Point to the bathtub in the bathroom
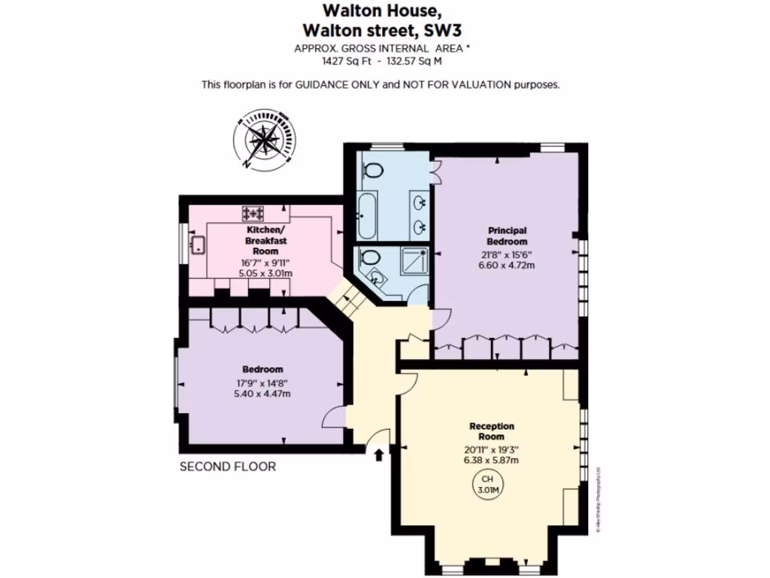[x=368, y=215]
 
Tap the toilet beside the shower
[x=369, y=257]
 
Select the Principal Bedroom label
[x=507, y=236]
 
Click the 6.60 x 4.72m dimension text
[x=507, y=265]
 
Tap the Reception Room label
[x=492, y=431]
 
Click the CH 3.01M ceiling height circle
[x=488, y=484]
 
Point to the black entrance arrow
[x=378, y=454]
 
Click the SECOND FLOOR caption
[x=227, y=467]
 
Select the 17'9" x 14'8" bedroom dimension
[x=262, y=382]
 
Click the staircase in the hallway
[x=347, y=299]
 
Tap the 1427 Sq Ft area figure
[x=344, y=62]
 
